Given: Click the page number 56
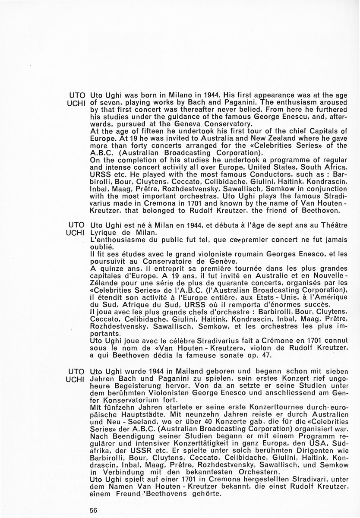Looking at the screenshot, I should (94, 509).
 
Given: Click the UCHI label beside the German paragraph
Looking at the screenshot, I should (77, 379).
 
